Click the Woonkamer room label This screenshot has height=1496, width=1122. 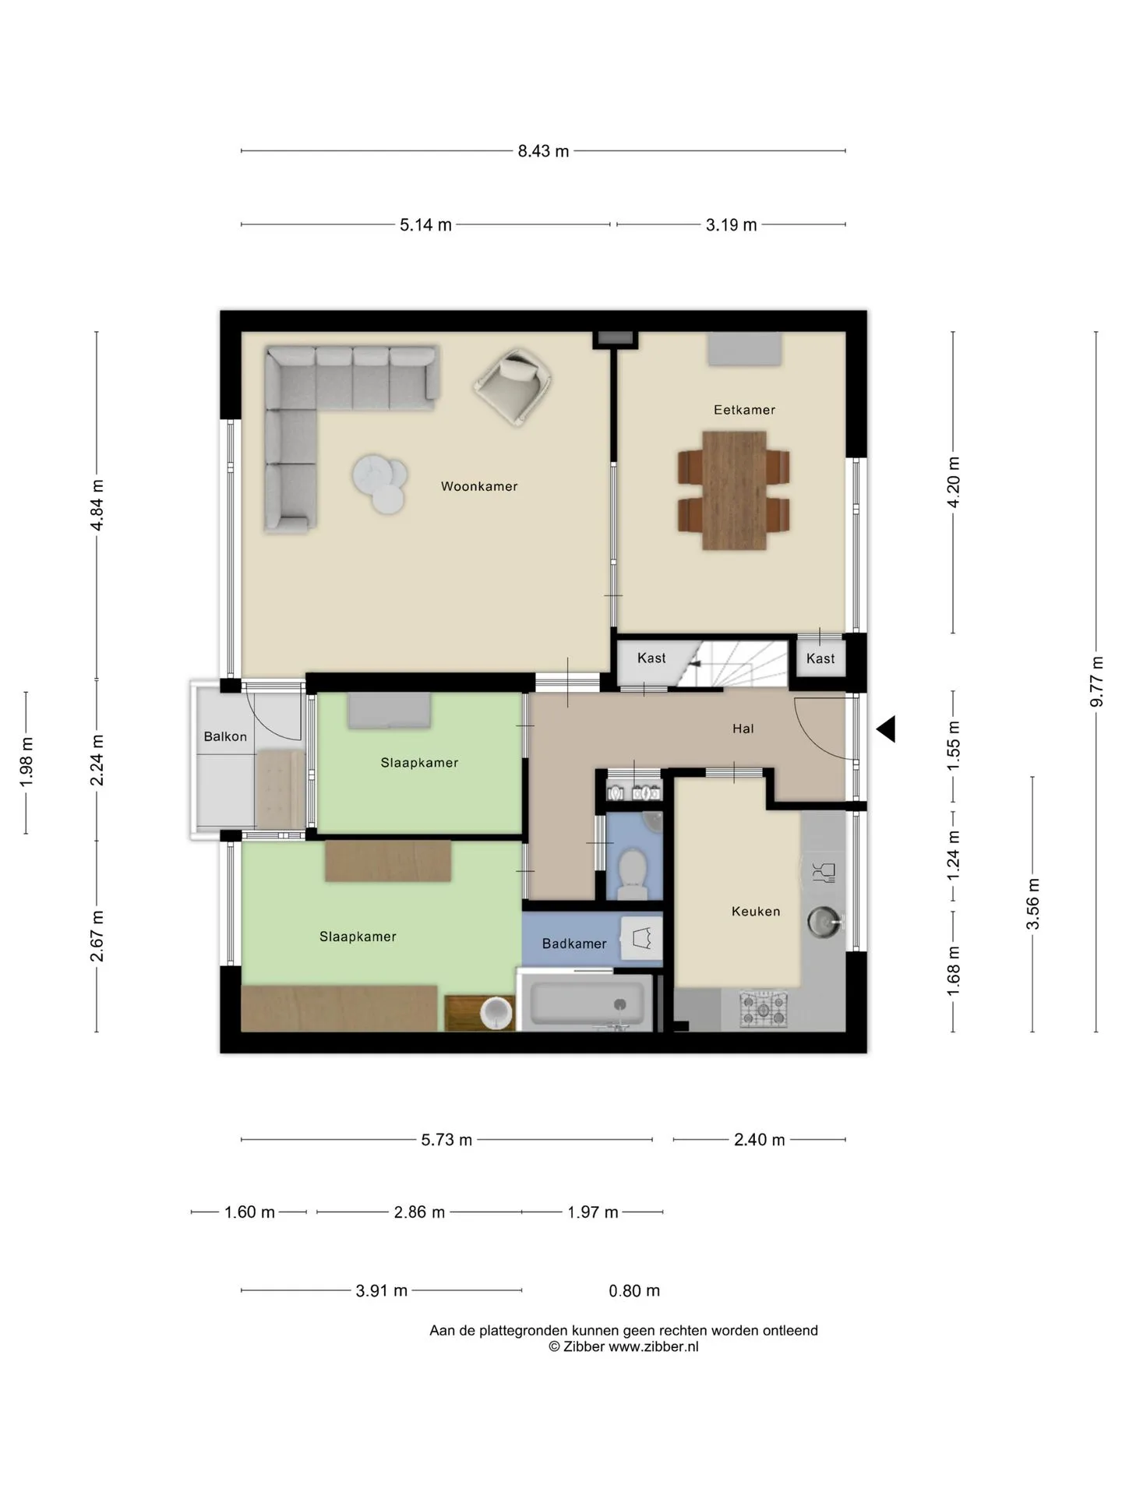point(479,486)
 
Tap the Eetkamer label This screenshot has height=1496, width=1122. point(744,410)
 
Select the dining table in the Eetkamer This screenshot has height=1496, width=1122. point(734,491)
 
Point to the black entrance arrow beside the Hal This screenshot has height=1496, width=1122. point(886,729)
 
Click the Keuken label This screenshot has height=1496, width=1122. point(756,911)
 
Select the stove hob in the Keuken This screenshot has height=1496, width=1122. point(764,1009)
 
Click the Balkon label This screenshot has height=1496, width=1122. point(225,736)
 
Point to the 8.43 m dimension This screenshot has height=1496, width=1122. point(543,151)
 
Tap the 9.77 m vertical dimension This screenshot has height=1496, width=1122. point(1096,682)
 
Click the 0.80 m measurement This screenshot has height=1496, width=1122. point(634,1291)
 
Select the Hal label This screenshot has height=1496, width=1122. point(743,729)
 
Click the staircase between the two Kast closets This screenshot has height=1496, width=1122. point(732,665)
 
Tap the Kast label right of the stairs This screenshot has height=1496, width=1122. point(820,658)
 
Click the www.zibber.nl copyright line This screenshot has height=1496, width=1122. point(623,1346)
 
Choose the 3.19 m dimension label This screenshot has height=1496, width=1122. point(731,225)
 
